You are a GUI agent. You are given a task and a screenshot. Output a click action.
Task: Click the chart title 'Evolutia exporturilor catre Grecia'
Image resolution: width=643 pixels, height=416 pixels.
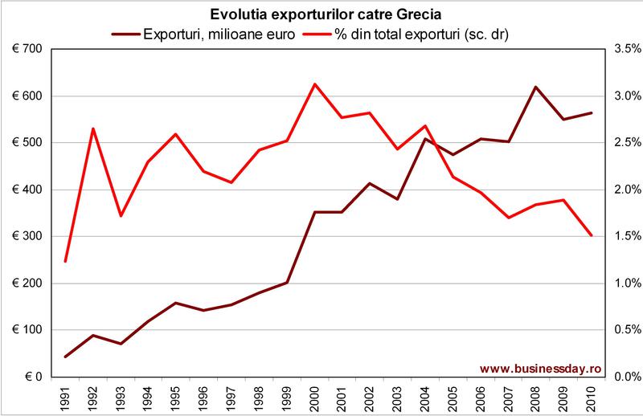point(321,14)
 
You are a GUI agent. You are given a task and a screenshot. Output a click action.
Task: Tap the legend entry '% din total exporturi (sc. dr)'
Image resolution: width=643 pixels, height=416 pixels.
point(418,33)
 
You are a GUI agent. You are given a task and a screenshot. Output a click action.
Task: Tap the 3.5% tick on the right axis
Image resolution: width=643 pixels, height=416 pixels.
point(624,49)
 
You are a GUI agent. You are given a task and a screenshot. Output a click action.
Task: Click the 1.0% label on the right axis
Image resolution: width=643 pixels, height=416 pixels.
point(624,283)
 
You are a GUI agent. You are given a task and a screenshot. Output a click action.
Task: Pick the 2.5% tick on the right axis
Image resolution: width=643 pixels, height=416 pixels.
point(624,143)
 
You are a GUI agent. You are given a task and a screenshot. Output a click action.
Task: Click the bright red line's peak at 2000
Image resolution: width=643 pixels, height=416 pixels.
point(314,84)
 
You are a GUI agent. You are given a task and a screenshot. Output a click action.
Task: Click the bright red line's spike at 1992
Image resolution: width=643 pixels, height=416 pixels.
point(93,128)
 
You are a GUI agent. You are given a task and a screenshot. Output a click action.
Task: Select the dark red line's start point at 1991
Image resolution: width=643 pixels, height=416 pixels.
point(66,357)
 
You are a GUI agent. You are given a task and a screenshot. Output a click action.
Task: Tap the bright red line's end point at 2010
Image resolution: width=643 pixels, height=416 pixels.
point(591,235)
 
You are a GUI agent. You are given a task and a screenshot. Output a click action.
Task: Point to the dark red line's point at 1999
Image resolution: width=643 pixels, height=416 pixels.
point(287,283)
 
